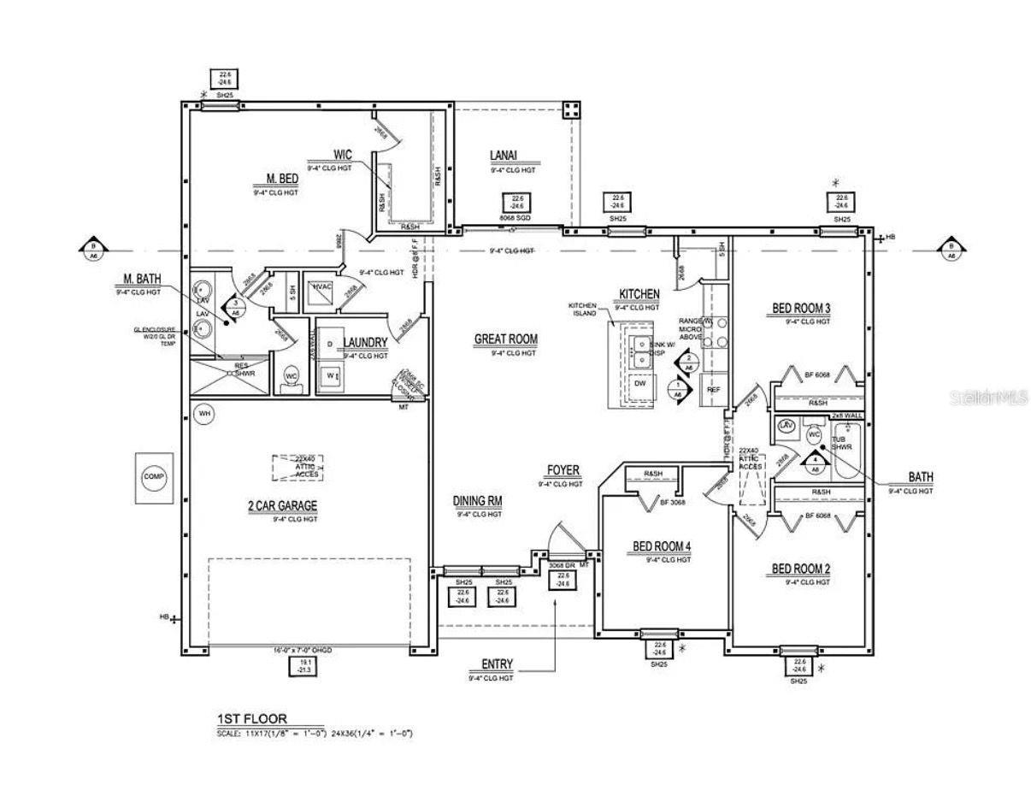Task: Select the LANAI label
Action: click(x=503, y=155)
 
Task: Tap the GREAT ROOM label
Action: click(x=506, y=339)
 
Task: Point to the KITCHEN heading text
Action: click(x=639, y=294)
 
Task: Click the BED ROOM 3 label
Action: click(x=801, y=309)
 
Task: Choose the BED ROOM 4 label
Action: click(x=661, y=546)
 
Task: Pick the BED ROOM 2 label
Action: click(x=801, y=569)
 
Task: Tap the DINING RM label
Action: click(x=477, y=501)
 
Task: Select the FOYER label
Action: click(x=563, y=470)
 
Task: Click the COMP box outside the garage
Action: click(x=154, y=477)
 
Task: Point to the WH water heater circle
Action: click(x=204, y=415)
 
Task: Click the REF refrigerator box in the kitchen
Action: click(x=712, y=389)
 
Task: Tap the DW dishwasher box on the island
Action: click(x=639, y=384)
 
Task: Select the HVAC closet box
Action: click(x=324, y=288)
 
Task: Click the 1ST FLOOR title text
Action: click(x=252, y=719)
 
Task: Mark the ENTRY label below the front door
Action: click(x=498, y=664)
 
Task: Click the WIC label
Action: click(x=343, y=155)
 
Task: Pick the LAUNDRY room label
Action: click(x=365, y=343)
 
